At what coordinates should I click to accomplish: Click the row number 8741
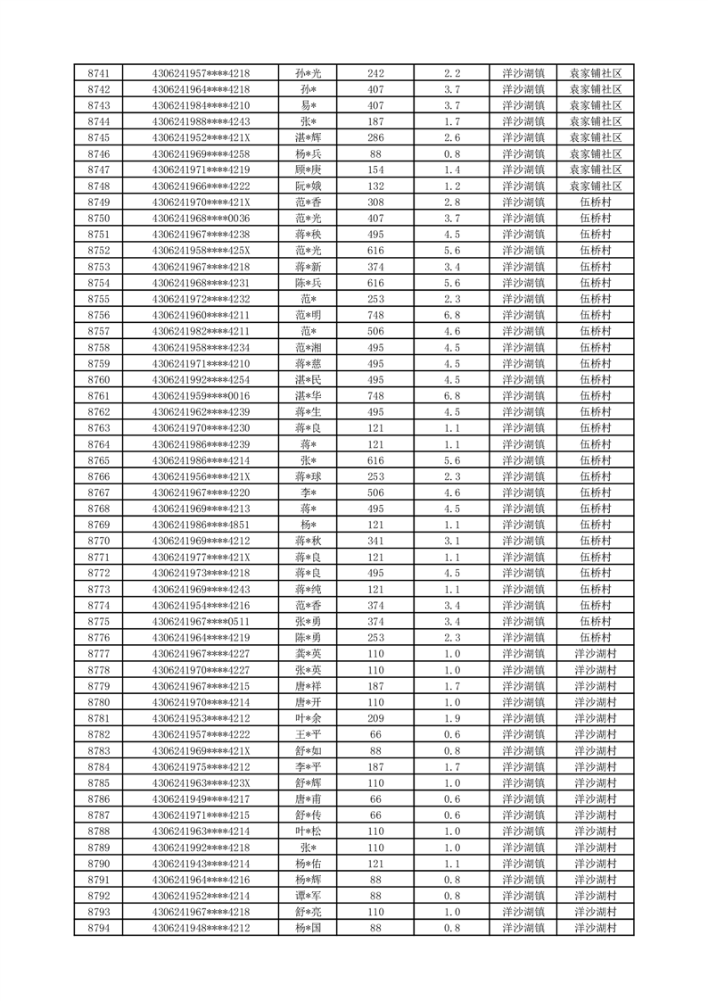99,73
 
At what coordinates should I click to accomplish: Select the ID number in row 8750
201,219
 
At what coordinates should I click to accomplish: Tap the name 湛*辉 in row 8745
309,137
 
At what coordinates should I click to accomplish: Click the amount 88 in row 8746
375,153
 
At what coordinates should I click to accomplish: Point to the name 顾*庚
309,170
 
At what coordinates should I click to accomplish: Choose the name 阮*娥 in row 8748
309,186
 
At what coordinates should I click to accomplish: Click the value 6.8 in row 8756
451,315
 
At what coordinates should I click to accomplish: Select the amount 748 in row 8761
375,396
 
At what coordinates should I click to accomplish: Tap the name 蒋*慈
309,364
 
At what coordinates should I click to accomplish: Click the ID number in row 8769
201,525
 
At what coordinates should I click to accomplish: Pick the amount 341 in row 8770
375,541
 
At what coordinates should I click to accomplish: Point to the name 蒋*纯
309,590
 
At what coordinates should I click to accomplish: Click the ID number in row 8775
201,622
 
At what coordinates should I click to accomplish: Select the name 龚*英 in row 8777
309,654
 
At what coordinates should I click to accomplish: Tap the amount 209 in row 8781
375,718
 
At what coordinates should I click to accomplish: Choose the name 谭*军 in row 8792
309,896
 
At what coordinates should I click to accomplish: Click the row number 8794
99,928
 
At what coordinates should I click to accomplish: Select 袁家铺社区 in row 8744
595,121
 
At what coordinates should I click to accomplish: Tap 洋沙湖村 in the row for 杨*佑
595,864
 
